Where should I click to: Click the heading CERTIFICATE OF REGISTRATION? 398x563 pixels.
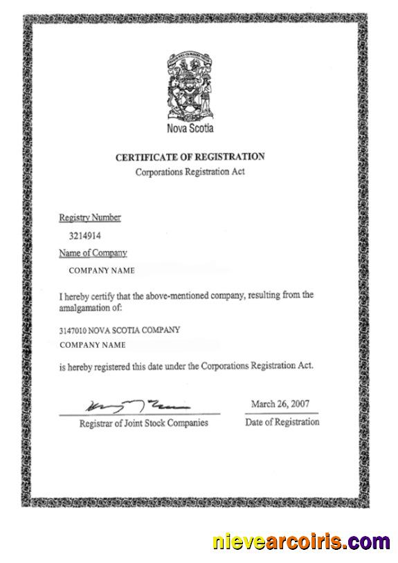(x=190, y=158)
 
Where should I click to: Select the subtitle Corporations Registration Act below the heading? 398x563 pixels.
(x=190, y=172)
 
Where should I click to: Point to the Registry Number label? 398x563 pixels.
(x=90, y=218)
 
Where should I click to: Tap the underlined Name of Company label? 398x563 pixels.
(x=93, y=254)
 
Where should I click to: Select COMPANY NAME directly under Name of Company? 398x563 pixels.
(x=102, y=271)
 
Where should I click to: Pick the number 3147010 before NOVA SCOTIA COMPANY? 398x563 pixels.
(x=73, y=331)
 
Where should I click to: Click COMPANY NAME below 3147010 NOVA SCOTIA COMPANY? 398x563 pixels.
(x=93, y=344)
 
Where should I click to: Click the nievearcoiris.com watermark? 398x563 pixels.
(x=300, y=541)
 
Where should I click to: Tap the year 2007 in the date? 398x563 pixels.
(x=301, y=404)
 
